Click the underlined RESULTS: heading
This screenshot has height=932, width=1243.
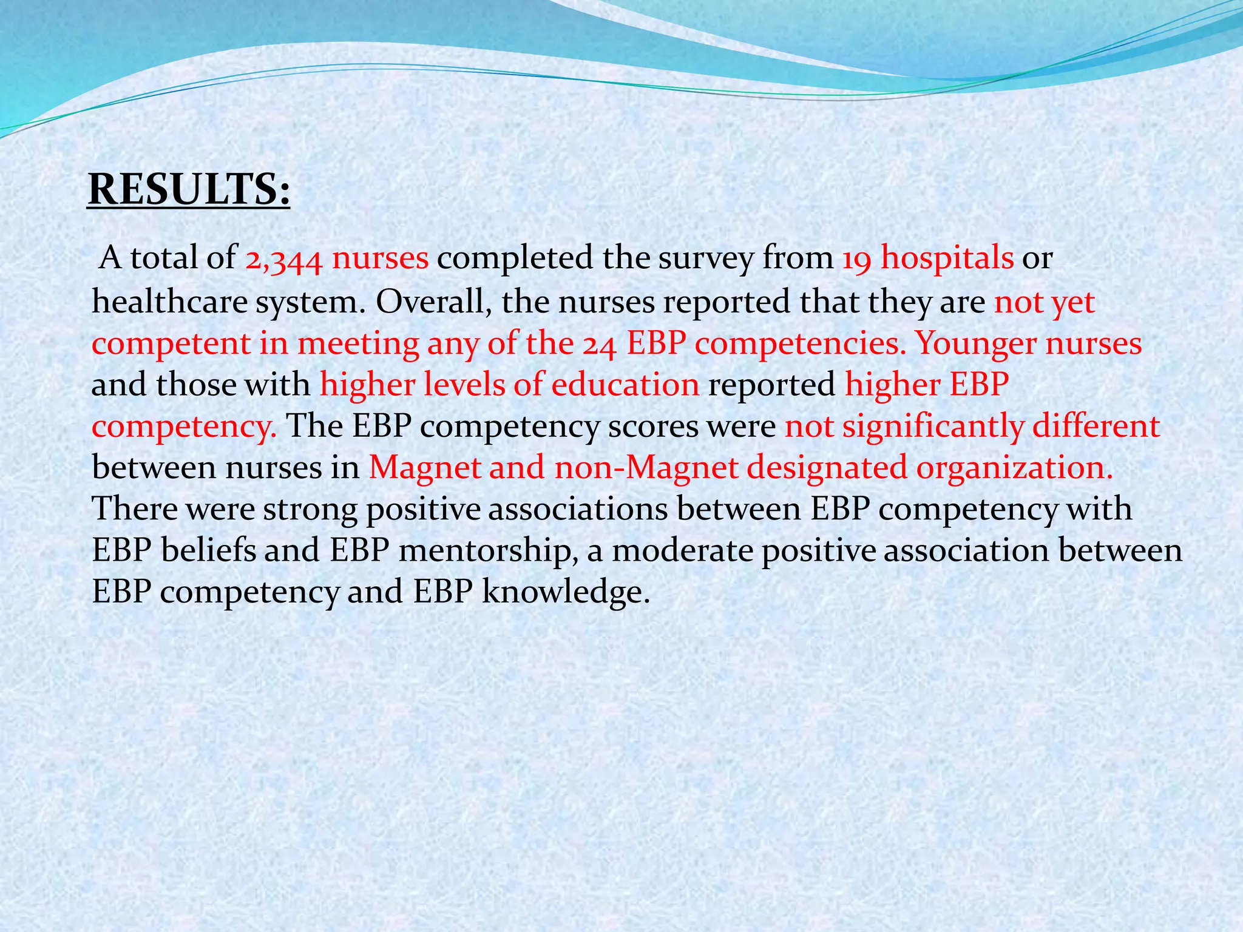(189, 189)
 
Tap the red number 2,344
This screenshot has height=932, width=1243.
(283, 259)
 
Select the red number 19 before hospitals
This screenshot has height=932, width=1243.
(856, 259)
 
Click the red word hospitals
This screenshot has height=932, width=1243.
(947, 259)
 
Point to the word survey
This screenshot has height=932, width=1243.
(706, 259)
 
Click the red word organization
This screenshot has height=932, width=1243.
(1014, 468)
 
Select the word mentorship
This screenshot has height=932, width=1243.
(487, 551)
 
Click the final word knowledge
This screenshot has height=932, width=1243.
(565, 592)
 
